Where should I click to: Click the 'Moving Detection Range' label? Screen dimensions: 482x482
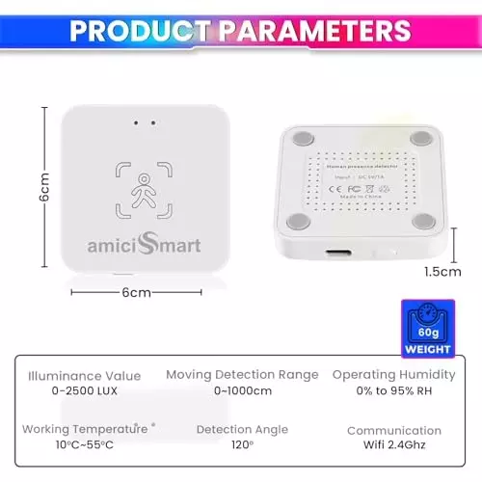click(x=242, y=374)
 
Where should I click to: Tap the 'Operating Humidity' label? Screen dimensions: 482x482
click(x=393, y=374)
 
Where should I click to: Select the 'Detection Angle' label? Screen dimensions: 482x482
click(x=242, y=430)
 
